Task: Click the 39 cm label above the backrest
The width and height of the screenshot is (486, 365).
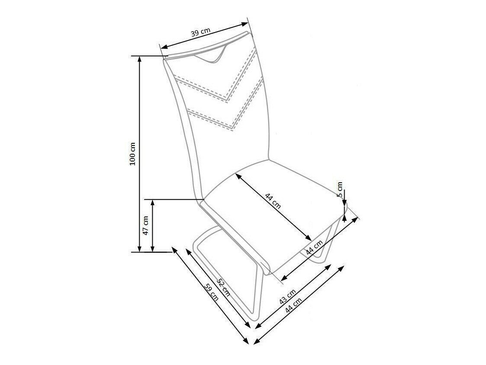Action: (201, 32)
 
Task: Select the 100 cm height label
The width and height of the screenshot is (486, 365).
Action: (133, 154)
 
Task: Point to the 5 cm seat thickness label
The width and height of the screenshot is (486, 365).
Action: (340, 190)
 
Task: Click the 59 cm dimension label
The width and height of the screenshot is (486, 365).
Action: (212, 292)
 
